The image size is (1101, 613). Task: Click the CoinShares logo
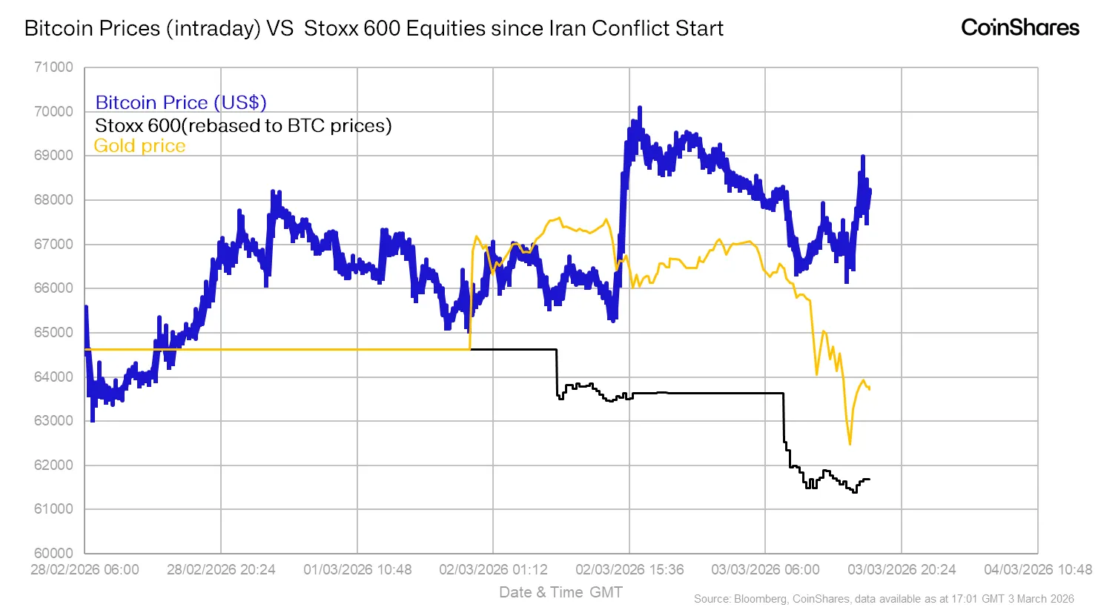pos(1019,28)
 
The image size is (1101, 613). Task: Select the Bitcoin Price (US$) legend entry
pos(180,102)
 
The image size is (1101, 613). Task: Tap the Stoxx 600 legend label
pos(242,125)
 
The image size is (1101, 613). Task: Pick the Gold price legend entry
pos(139,146)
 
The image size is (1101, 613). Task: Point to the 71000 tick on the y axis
pos(54,67)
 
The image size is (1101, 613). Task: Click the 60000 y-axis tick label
pos(54,553)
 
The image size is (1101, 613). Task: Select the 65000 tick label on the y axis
pos(54,332)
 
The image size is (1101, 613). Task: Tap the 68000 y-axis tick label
pos(54,200)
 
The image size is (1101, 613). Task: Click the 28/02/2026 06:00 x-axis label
pos(85,569)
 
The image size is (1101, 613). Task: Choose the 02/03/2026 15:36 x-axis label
pos(629,569)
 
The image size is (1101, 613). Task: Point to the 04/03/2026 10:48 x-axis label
pos(1037,569)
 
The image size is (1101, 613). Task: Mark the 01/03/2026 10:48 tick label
pos(357,569)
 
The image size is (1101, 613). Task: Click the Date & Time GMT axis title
pos(561,592)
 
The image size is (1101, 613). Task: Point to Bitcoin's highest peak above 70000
pos(639,107)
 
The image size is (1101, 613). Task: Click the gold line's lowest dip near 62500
pos(850,444)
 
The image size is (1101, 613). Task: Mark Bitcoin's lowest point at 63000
pos(93,420)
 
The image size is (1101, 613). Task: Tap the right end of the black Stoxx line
pos(869,479)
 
